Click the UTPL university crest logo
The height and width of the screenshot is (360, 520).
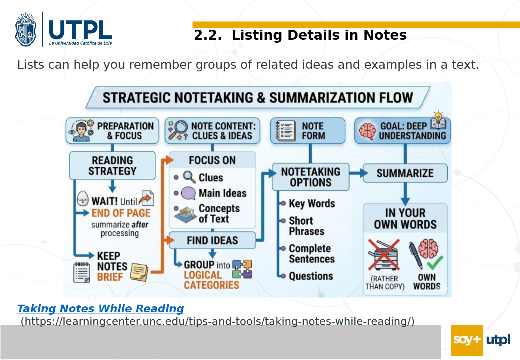(x=26, y=29)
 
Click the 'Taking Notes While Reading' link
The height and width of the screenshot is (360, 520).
(x=100, y=308)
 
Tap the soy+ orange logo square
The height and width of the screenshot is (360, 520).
(x=467, y=340)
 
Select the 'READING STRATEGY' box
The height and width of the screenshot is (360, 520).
(x=112, y=166)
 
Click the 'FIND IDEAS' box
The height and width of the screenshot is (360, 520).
(x=212, y=240)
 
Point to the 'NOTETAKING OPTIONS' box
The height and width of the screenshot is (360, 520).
(x=311, y=177)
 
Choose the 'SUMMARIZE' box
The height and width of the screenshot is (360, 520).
(x=405, y=173)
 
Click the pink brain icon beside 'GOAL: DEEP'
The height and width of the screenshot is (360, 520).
(x=367, y=131)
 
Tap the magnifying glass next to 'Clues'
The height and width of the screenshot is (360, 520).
(x=189, y=177)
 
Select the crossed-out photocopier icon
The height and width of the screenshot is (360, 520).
(x=384, y=255)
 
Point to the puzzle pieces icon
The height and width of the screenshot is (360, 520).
(x=242, y=269)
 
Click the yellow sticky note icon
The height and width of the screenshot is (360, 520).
(x=139, y=272)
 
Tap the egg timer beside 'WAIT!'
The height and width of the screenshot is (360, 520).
(x=83, y=198)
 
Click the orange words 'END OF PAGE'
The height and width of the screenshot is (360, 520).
(x=121, y=213)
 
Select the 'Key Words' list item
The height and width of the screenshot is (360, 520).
(x=312, y=204)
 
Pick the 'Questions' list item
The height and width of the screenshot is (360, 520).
(x=311, y=276)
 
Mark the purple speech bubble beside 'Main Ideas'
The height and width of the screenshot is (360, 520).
(x=188, y=193)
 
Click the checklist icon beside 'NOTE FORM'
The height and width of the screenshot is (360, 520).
(x=285, y=130)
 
